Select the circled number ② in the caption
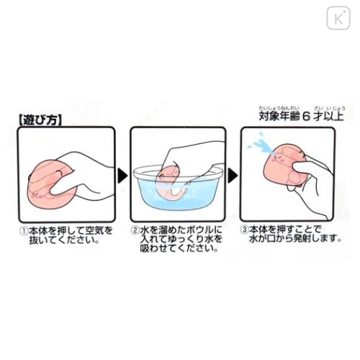click(135, 232)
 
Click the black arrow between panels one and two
click(121, 174)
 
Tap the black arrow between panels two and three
click(232, 174)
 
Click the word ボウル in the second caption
click(187, 232)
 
